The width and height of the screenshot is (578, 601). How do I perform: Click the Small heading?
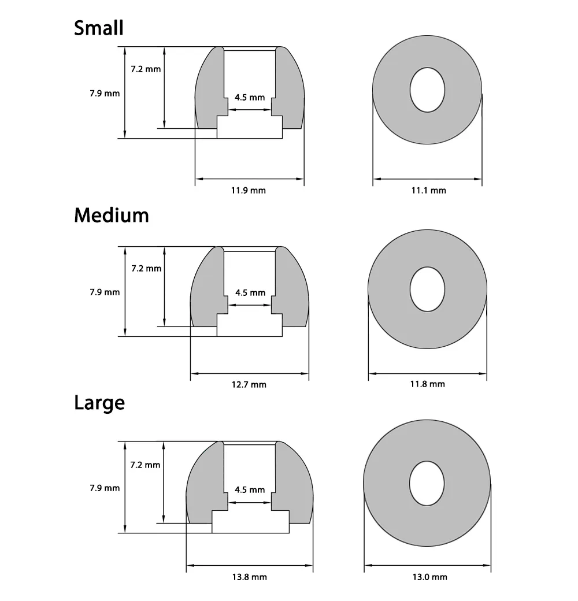tap(99, 28)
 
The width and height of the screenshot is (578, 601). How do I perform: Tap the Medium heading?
tap(112, 216)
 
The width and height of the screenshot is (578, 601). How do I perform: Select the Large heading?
tap(99, 402)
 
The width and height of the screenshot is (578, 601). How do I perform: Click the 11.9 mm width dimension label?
tap(250, 190)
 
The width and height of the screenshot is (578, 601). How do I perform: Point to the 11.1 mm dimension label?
tap(428, 190)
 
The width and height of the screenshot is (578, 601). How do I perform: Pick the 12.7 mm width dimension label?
tap(250, 384)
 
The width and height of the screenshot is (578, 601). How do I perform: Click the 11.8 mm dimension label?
tap(428, 384)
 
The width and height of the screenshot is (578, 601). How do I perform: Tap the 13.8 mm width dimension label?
tap(250, 577)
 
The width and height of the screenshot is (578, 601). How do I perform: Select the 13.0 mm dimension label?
tap(428, 577)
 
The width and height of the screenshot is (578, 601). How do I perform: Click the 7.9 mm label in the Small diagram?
tap(105, 92)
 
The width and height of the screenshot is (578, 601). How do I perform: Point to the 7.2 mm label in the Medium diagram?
tap(146, 268)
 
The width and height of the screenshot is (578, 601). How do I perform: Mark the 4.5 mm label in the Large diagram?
tap(250, 490)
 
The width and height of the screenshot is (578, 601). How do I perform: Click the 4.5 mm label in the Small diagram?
tap(250, 97)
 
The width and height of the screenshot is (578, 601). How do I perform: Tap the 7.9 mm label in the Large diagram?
tap(105, 488)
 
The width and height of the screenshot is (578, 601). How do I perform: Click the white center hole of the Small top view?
tap(428, 90)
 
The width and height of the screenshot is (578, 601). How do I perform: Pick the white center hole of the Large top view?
tap(428, 484)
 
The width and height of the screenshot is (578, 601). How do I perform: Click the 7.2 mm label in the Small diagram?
tap(146, 69)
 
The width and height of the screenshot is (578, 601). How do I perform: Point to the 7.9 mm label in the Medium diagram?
tap(105, 292)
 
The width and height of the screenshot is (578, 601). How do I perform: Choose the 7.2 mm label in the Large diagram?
tap(146, 465)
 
